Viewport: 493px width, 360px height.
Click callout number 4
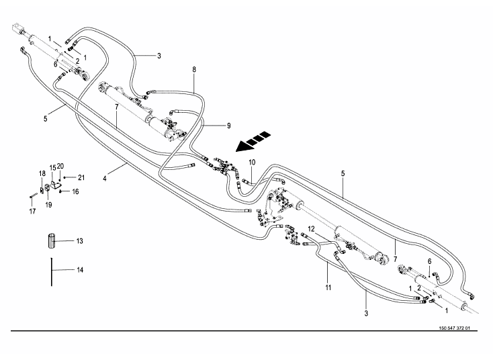point(106,179)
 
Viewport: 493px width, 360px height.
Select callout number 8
point(194,69)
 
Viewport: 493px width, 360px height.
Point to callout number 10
point(252,163)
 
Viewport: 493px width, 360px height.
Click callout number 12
point(311,229)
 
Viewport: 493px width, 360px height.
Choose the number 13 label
point(79,240)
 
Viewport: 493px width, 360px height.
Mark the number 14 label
point(79,270)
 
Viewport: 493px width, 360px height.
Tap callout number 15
point(53,167)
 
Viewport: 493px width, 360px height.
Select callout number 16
point(75,191)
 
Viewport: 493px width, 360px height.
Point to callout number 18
point(41,174)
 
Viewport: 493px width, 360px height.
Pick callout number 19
point(48,205)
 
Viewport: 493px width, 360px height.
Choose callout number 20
point(61,166)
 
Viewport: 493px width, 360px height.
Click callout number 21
point(81,177)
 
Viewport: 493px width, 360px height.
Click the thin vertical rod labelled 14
point(51,269)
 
